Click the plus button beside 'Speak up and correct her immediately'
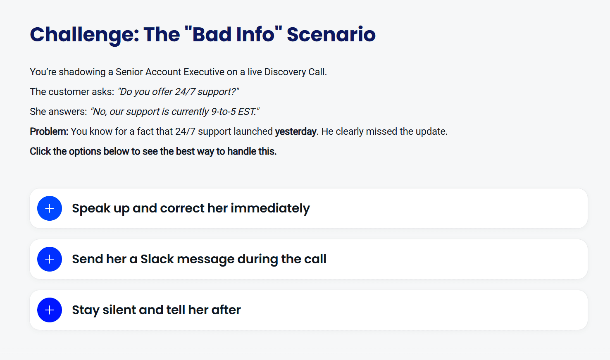(x=50, y=208)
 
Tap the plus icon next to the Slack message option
(x=50, y=259)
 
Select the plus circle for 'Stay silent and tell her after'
(x=50, y=310)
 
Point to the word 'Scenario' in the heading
(x=331, y=35)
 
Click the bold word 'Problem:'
(x=49, y=131)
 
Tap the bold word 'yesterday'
(x=295, y=132)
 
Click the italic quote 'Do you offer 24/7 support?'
(x=178, y=92)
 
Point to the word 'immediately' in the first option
(x=270, y=209)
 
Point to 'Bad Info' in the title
(x=234, y=35)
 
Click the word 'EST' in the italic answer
(x=246, y=112)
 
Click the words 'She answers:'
(x=58, y=112)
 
